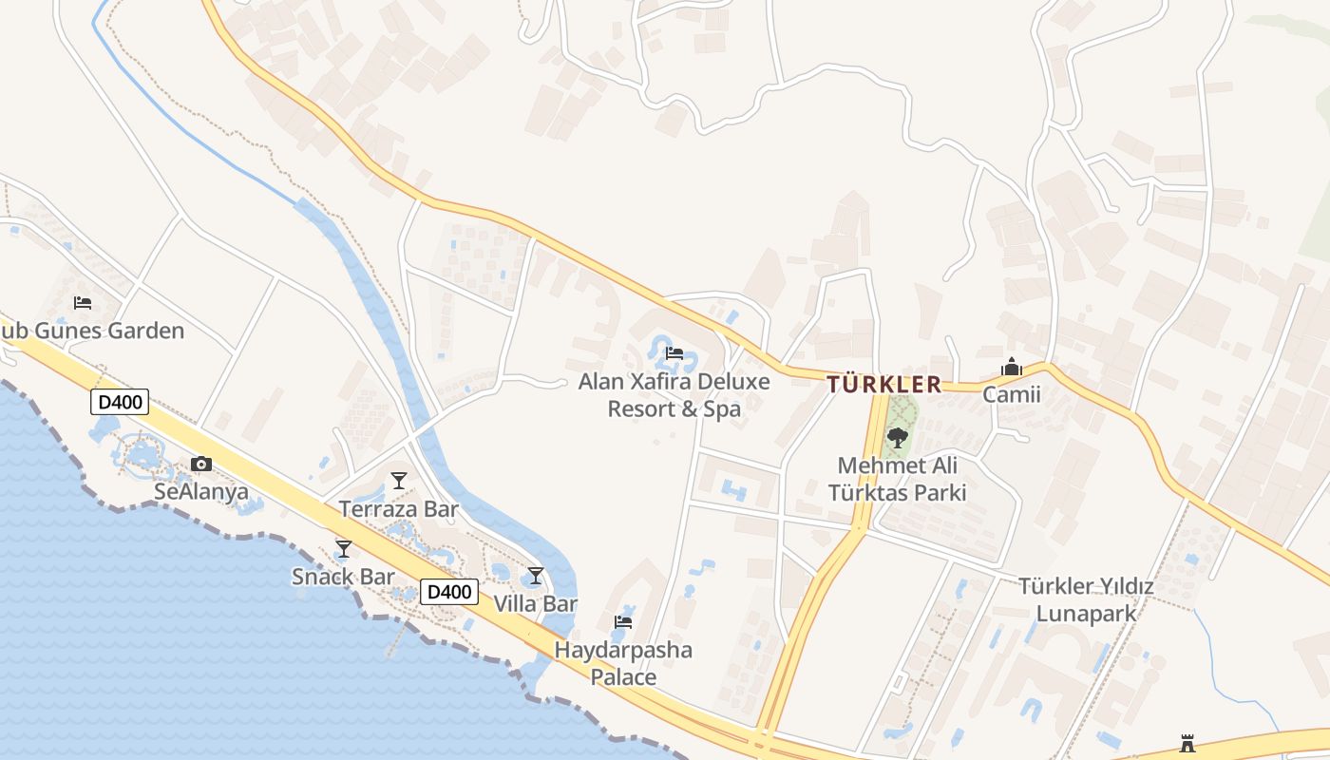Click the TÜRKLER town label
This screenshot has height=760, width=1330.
coord(883,385)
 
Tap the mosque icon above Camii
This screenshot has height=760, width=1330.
coord(1011,367)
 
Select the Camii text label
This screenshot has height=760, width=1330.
coord(1011,394)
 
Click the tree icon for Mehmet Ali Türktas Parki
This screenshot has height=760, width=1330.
coord(897,438)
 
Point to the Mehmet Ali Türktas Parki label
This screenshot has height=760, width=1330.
coord(897,479)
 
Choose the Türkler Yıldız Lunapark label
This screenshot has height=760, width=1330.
coord(1086,599)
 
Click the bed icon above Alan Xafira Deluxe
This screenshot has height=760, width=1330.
coord(674,353)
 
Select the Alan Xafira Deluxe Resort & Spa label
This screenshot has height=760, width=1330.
coord(674,395)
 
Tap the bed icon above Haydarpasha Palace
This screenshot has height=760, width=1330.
coord(623,622)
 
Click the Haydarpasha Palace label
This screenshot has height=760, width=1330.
coord(623,663)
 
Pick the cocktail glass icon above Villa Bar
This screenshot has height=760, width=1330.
coord(536,576)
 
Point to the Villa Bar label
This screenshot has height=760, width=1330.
coord(536,603)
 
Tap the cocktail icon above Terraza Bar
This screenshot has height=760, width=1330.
coord(399,481)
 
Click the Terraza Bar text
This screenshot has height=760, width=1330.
coord(399,509)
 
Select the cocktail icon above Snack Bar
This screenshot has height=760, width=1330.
coord(344,549)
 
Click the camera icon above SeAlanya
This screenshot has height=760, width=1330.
coord(201,464)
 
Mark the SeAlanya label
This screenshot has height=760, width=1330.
coord(201,492)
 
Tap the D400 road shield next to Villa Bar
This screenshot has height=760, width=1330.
coord(448,592)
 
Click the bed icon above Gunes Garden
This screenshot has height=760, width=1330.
coord(83,303)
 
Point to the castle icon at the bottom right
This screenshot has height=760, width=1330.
coord(1187,743)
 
